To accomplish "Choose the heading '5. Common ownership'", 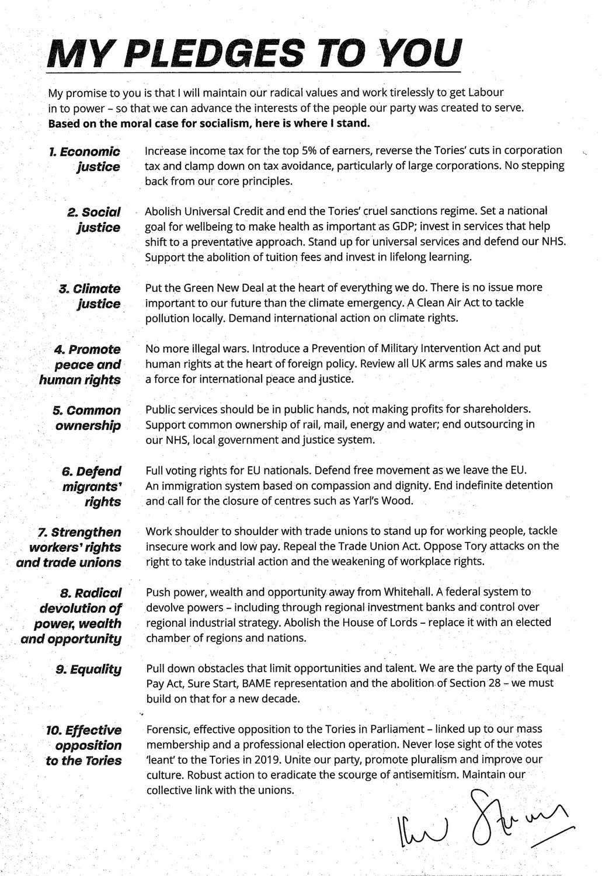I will (88, 418).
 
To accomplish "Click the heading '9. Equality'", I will (89, 669).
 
